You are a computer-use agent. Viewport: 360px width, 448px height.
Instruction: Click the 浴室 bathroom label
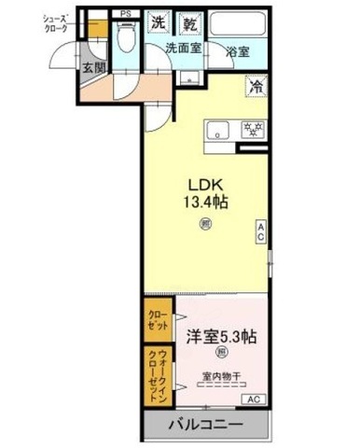[236, 52]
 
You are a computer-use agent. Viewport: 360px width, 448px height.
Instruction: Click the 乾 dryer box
[189, 21]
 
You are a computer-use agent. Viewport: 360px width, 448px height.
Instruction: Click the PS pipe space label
[125, 13]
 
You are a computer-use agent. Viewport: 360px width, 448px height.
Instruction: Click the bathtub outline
[238, 25]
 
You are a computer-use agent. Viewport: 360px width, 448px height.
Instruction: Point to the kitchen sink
[219, 131]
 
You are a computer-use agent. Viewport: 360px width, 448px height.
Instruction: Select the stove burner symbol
[249, 131]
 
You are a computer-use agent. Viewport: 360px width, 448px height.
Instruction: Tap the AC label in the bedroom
[251, 399]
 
